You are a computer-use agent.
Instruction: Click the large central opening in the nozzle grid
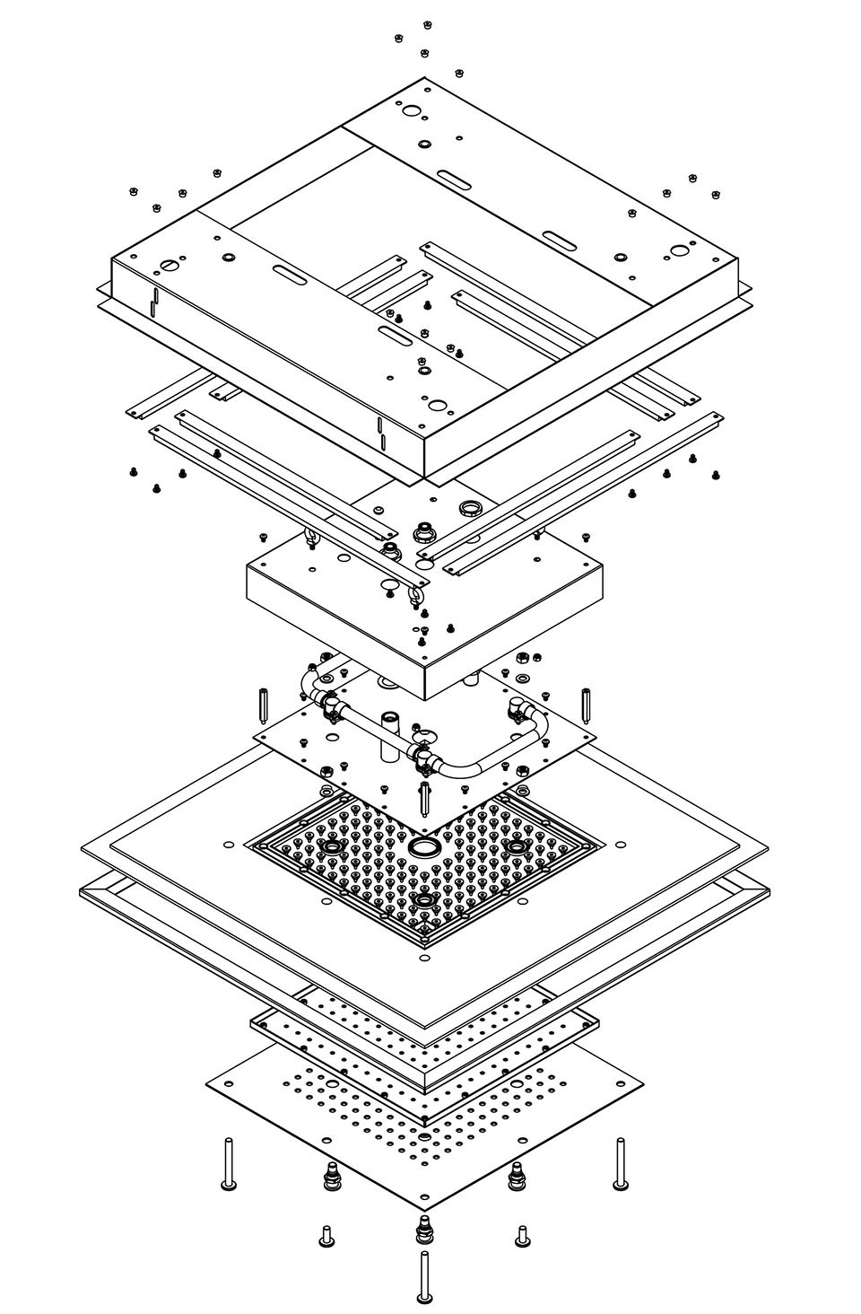[422, 846]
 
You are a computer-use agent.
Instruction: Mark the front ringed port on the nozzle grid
[422, 898]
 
